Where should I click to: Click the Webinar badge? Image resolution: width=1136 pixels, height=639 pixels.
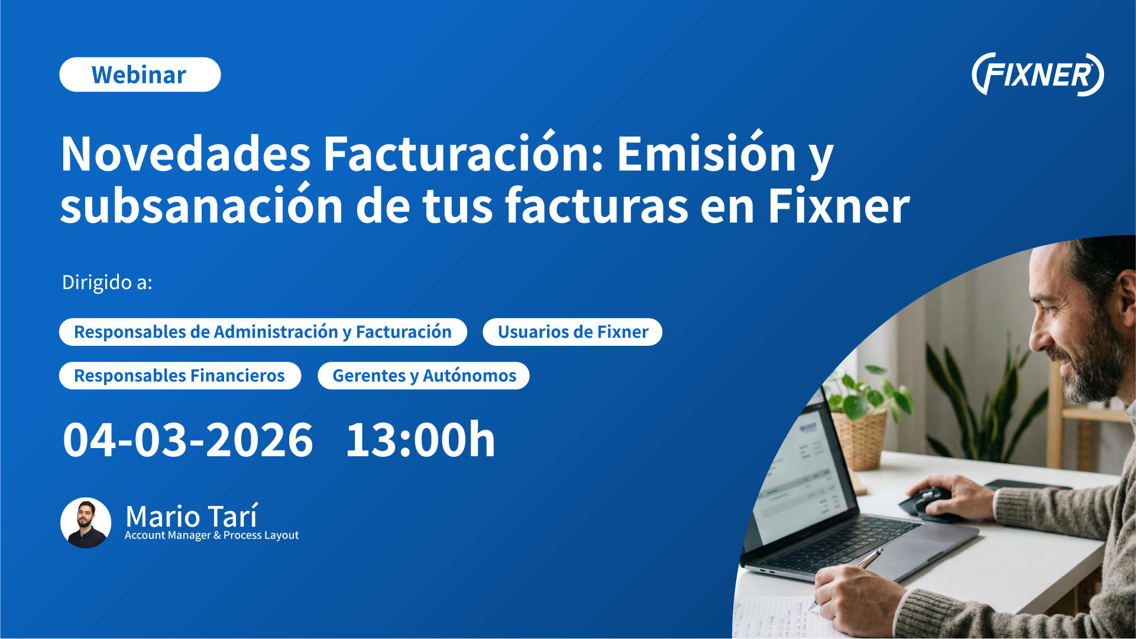(x=140, y=74)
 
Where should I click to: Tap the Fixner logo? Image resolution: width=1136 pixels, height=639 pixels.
(x=1038, y=74)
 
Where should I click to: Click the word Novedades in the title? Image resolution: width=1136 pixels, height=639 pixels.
(x=186, y=154)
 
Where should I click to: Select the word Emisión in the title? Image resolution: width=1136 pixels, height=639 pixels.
(x=707, y=154)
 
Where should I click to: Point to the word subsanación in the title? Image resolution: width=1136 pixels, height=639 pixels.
(x=202, y=206)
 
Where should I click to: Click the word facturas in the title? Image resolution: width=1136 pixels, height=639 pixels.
(x=596, y=206)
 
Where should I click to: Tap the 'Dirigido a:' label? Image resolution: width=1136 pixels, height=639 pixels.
(x=107, y=282)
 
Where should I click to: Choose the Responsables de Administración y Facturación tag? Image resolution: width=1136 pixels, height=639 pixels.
(x=263, y=332)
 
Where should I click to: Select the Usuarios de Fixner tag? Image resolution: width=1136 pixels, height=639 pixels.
(x=572, y=332)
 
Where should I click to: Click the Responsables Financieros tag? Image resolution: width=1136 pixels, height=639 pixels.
(x=180, y=375)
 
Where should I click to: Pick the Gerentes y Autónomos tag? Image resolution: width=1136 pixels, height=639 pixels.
(x=423, y=375)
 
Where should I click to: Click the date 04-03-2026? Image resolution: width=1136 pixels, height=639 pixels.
(x=187, y=440)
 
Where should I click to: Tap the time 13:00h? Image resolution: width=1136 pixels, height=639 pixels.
(x=420, y=440)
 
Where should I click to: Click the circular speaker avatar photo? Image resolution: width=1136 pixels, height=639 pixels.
(x=86, y=523)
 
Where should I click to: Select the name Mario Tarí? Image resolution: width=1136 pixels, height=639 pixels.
(x=192, y=515)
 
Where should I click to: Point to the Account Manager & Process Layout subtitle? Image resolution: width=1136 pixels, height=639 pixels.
(x=212, y=536)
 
